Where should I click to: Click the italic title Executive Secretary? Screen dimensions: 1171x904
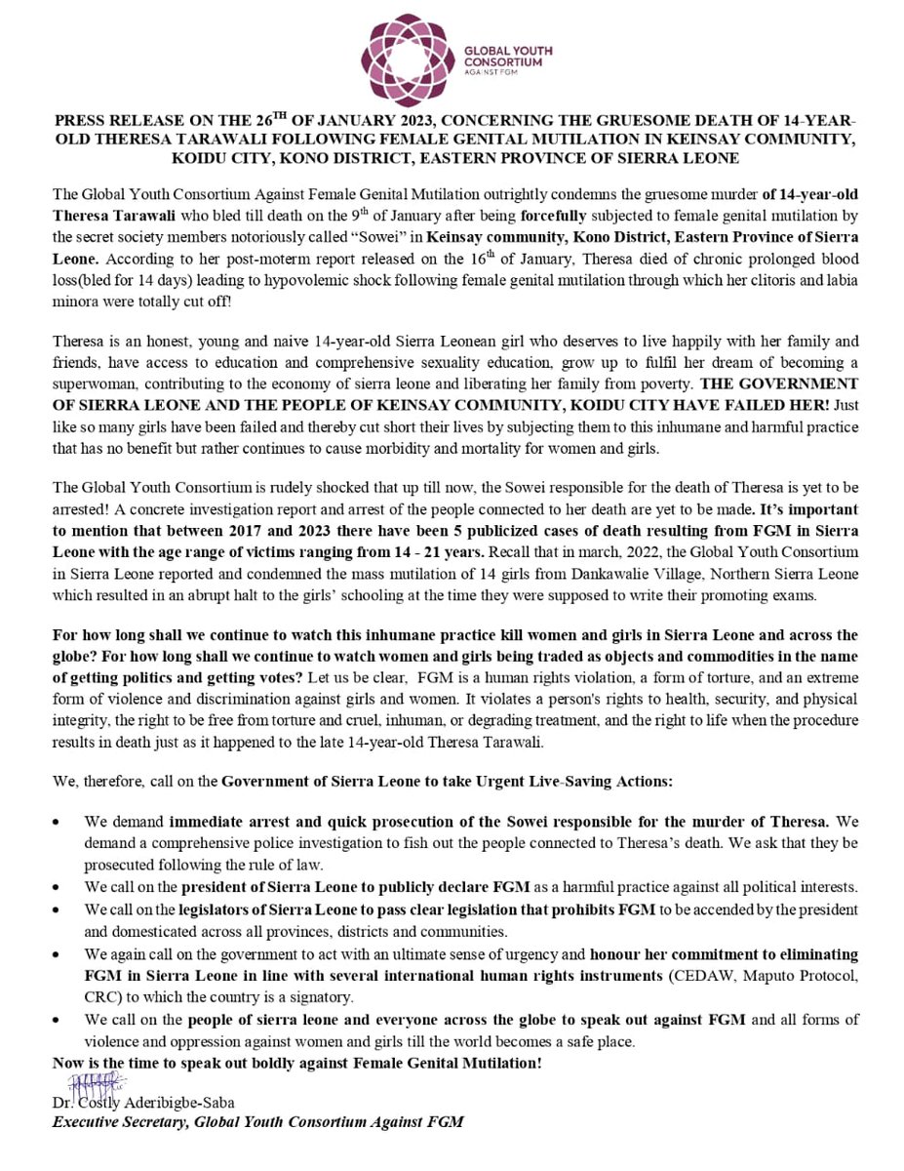point(121,1121)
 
